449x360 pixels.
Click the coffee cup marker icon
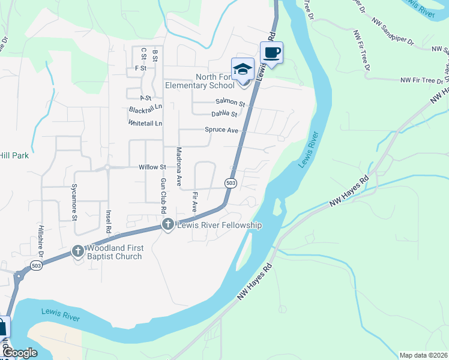coord(271,53)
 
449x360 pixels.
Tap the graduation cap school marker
coord(243,70)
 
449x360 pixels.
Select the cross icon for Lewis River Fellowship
coord(167,224)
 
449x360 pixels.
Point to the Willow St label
coord(152,167)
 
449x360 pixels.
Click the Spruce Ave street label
coord(221,130)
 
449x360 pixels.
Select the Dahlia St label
coord(224,114)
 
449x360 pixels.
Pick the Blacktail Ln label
coord(146,109)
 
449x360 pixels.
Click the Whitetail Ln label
coord(145,123)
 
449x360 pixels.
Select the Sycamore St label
coord(75,202)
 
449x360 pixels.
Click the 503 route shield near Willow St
coord(231,182)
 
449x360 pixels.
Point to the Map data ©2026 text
coord(423,355)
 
